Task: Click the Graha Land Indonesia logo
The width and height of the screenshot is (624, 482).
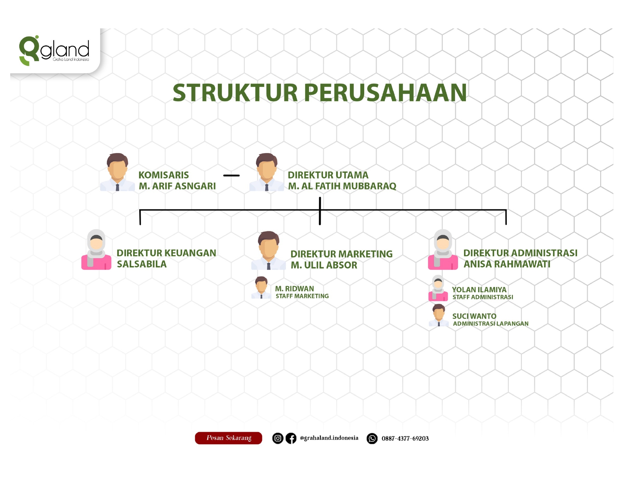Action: (x=54, y=51)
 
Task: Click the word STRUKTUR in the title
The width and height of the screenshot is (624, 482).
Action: (x=235, y=93)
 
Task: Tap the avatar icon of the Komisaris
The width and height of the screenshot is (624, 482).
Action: (x=118, y=172)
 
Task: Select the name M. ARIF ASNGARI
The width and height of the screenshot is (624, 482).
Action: (x=177, y=186)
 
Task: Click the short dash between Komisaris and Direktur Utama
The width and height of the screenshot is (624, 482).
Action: (x=231, y=175)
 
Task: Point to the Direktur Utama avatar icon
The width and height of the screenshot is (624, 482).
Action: (x=267, y=172)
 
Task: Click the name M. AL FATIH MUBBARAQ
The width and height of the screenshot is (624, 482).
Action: (x=342, y=186)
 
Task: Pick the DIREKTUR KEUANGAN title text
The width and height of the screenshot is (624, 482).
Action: (x=166, y=253)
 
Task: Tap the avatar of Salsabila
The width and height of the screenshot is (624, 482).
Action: (x=96, y=250)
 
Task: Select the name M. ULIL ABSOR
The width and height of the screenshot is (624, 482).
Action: (x=324, y=265)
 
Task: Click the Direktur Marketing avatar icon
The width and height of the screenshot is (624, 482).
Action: (x=269, y=250)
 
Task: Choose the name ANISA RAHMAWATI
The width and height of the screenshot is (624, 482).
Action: (x=507, y=264)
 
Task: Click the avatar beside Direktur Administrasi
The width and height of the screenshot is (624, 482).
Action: (x=443, y=250)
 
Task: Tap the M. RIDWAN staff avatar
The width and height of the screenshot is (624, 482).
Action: (x=261, y=288)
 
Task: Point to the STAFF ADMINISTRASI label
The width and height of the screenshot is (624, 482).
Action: (x=483, y=297)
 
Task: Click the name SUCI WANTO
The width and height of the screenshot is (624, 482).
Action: (x=474, y=316)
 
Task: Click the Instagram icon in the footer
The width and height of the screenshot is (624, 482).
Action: (x=278, y=439)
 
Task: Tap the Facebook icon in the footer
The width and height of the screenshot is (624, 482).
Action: (x=291, y=439)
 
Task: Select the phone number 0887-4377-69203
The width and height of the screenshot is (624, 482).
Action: (x=405, y=439)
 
